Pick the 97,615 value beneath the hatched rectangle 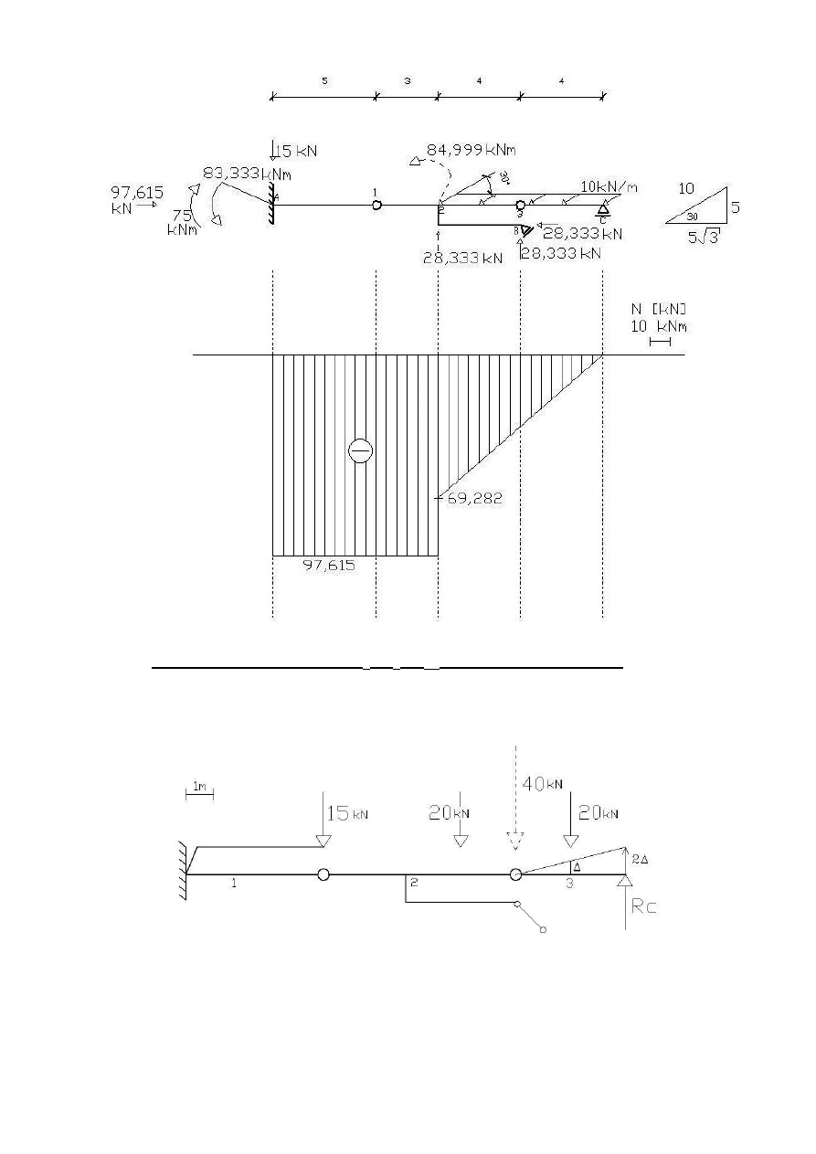(328, 566)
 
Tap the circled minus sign (360, 450)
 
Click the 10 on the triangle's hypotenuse (686, 189)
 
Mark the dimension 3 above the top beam (407, 80)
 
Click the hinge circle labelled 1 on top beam (376, 206)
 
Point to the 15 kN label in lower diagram (349, 813)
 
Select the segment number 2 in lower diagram (414, 883)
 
